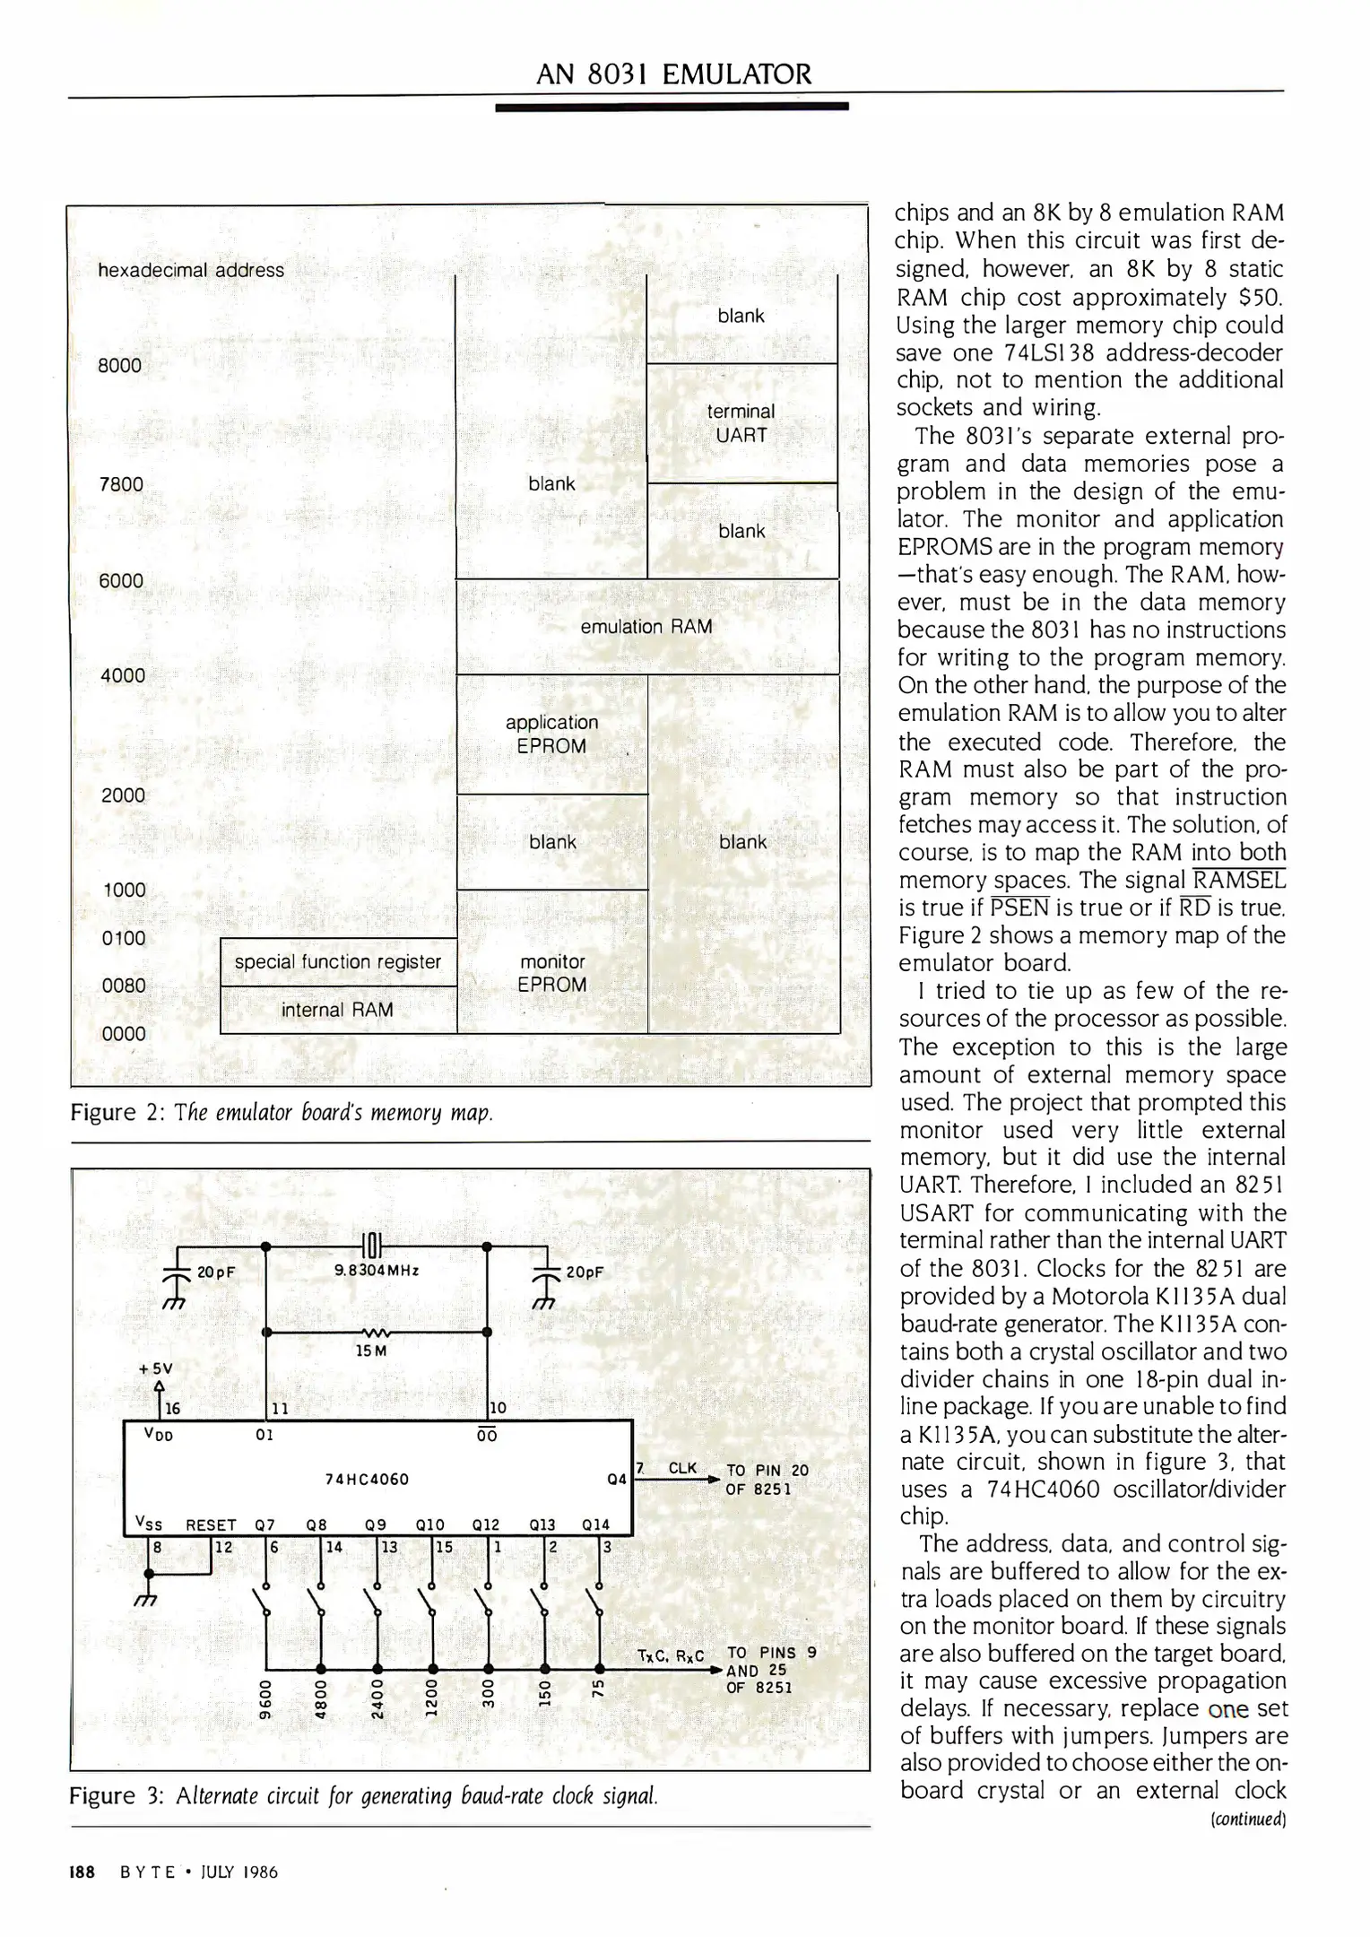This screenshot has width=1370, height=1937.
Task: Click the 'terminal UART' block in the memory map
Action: click(x=741, y=423)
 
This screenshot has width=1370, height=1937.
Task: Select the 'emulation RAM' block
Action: click(x=646, y=627)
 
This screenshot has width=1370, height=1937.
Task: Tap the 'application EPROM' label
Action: click(x=551, y=734)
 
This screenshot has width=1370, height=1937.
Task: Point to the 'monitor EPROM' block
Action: click(x=552, y=973)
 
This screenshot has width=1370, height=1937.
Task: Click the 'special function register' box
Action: click(x=338, y=962)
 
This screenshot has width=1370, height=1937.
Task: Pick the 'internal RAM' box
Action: click(x=337, y=1010)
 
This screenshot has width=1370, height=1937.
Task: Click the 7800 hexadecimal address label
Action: click(x=121, y=484)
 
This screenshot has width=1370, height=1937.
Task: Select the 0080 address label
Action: click(x=123, y=986)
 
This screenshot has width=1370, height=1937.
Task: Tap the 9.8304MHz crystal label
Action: click(x=377, y=1271)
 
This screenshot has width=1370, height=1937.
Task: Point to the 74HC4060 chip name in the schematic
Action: click(x=367, y=1479)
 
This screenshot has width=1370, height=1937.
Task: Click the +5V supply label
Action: click(x=155, y=1369)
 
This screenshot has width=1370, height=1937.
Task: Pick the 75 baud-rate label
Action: click(x=598, y=1688)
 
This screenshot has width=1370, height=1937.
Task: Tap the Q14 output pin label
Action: click(x=595, y=1524)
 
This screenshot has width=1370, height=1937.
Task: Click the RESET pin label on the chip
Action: click(x=211, y=1525)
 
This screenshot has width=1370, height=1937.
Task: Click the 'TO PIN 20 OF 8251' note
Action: click(x=767, y=1480)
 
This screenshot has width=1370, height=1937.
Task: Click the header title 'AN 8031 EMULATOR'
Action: click(x=672, y=74)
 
